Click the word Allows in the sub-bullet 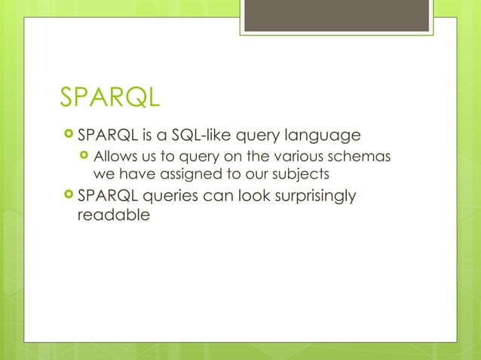(113, 157)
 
